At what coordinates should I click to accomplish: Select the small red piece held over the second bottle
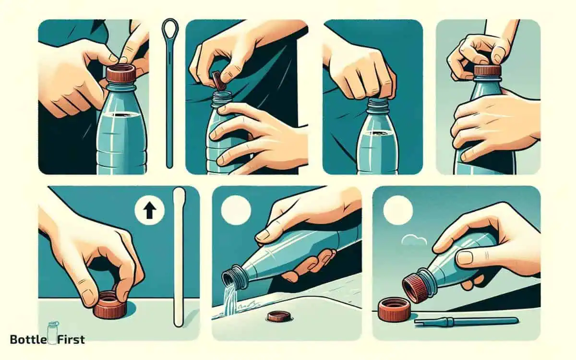[219, 79]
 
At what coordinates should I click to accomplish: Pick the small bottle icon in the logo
[52, 331]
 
